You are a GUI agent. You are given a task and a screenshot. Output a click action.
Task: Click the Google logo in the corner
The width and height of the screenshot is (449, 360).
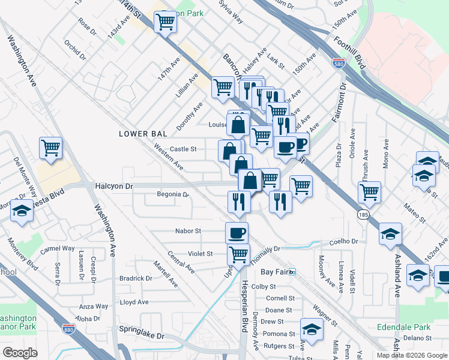pos(20,352)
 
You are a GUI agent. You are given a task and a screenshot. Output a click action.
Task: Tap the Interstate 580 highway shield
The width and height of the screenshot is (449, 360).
pos(339,63)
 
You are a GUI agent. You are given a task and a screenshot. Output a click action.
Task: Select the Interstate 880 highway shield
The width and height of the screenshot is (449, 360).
pos(69,328)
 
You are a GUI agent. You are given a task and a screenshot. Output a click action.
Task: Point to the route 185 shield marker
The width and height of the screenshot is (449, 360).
pos(364,214)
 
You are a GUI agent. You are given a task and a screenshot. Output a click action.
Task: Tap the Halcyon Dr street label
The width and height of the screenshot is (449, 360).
pos(113,187)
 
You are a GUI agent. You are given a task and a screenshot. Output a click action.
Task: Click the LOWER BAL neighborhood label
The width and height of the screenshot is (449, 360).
pos(141,133)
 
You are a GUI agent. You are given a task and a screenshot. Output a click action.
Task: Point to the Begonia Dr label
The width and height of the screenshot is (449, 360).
pos(173,194)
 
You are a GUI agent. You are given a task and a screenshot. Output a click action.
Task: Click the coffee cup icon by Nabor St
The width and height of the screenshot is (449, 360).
pos(237,232)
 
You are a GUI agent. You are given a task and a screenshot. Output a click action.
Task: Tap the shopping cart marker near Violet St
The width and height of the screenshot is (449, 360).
pos(238,254)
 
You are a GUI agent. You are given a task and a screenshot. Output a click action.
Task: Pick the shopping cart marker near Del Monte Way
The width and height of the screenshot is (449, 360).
pos(51,148)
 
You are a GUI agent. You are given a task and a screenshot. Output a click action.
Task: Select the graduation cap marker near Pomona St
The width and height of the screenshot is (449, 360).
pos(312,329)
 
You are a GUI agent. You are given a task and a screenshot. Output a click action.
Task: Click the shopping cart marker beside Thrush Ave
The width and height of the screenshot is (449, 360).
pos(369,192)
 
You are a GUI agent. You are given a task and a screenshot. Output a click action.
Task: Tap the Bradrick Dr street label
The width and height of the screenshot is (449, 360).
pos(136,278)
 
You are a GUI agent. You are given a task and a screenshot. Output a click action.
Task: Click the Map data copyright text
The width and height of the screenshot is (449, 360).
pos(412,355)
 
